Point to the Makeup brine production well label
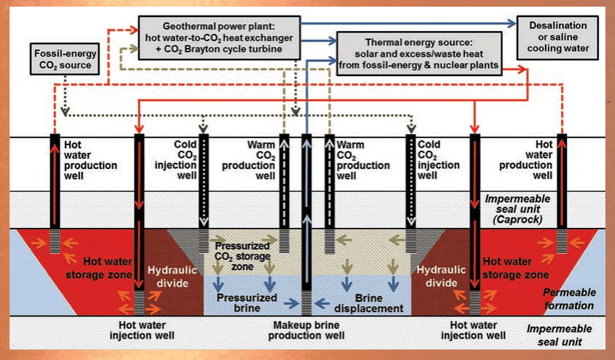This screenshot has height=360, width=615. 307,330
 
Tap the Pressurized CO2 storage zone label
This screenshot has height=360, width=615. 244,254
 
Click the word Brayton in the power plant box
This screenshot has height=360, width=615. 222,49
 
